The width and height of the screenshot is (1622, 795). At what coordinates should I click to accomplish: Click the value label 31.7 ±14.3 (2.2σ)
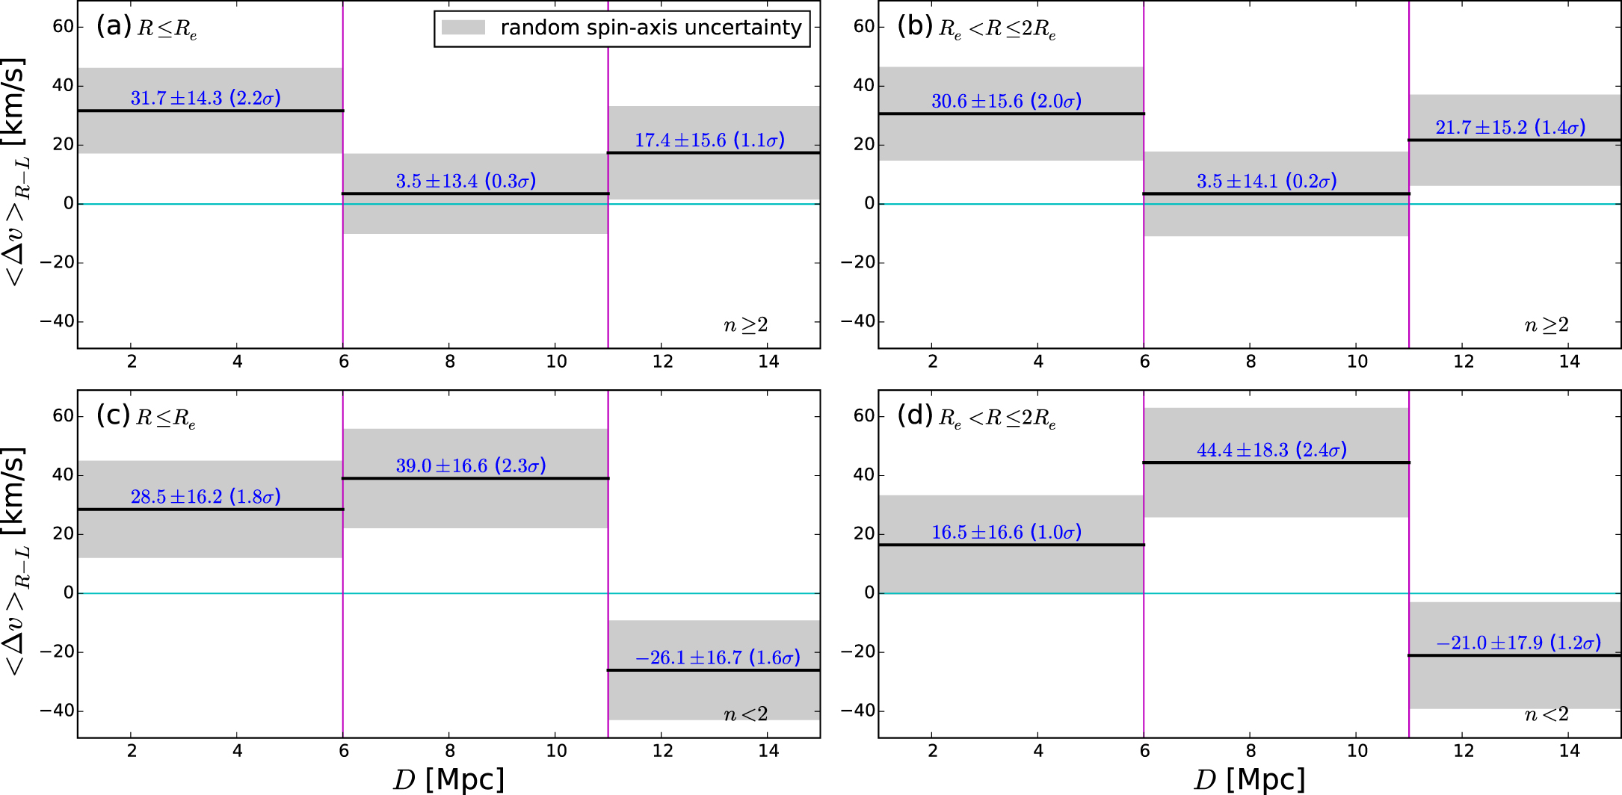coord(206,98)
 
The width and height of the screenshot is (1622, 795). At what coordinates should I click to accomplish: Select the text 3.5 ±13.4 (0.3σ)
coord(466,181)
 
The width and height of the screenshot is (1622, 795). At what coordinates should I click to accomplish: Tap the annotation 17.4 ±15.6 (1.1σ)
coord(709,140)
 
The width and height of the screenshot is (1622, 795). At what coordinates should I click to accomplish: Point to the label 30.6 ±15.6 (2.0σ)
coord(1006,101)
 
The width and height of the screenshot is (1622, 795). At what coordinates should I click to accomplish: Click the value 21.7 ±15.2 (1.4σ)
coord(1510,127)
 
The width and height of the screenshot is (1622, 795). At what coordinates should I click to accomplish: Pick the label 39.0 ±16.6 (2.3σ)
coord(471,465)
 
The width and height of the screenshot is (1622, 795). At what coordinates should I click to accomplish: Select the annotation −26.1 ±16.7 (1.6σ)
coord(717,658)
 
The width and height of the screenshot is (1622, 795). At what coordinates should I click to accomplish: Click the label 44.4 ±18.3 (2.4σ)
coord(1271,450)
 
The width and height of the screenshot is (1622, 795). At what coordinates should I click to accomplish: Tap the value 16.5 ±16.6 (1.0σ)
coord(1006,532)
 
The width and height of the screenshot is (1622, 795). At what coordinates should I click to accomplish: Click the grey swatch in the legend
coord(463,28)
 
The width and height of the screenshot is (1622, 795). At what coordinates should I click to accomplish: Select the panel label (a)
coord(114,26)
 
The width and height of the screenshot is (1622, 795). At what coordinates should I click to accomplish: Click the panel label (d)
coord(914,415)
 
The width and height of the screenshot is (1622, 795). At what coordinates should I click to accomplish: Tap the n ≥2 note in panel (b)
coord(1546,325)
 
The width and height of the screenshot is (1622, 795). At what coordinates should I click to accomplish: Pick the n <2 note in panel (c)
coord(745,714)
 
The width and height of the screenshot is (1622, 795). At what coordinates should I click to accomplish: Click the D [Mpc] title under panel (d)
coord(1249,779)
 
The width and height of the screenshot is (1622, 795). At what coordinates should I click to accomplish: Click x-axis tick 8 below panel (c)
coord(450,751)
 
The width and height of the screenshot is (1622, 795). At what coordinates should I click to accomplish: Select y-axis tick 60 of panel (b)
coord(863,27)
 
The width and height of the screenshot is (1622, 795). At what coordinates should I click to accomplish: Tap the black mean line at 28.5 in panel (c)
coord(210,510)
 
